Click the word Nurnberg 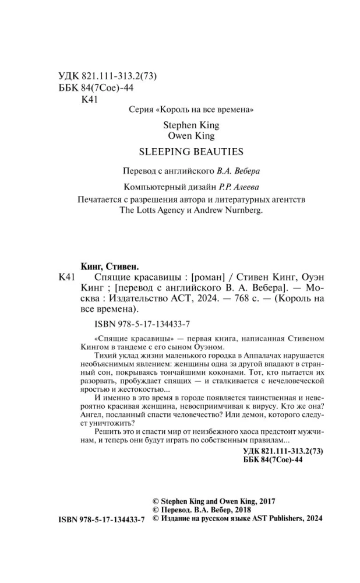(243, 211)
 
